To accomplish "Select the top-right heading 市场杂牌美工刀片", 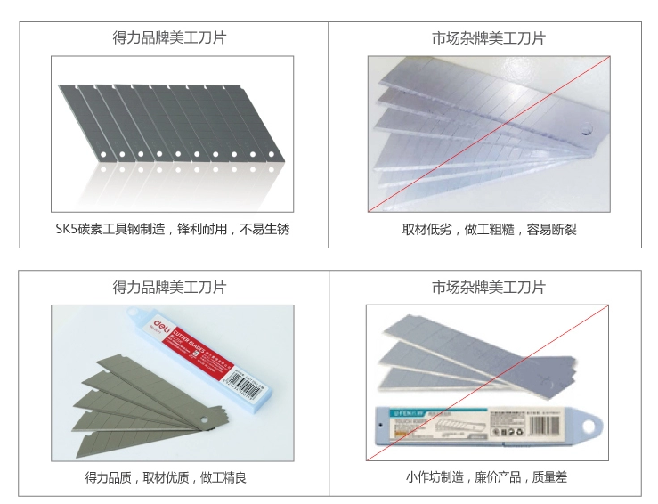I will coord(488,38).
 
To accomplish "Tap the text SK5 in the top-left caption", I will coord(67,229).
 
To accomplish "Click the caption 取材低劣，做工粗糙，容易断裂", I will coord(488,229).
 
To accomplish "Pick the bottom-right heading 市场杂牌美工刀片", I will coord(488,287).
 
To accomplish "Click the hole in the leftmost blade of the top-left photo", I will coord(102,155).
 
